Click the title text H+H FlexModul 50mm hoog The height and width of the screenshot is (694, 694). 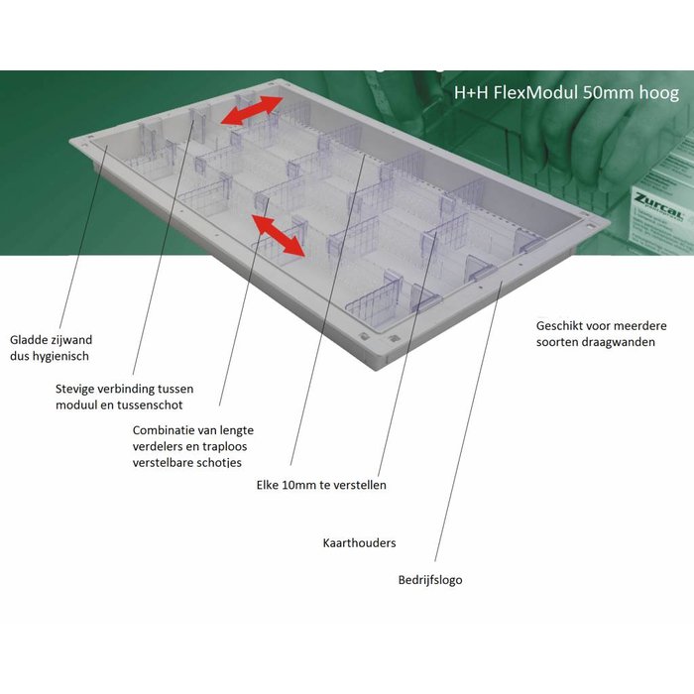566,93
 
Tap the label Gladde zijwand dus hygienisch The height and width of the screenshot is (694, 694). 51,348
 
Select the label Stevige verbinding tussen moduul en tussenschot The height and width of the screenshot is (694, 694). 124,397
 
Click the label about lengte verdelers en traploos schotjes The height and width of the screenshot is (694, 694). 193,446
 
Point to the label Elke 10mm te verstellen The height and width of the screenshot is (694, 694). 321,485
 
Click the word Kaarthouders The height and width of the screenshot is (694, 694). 359,542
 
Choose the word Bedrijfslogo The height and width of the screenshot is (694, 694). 430,580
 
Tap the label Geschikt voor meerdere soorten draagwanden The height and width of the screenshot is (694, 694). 601,334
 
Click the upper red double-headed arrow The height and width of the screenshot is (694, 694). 252,110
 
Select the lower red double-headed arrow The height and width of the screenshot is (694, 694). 278,236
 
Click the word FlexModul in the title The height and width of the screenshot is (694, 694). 535,93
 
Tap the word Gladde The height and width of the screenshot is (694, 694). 29,340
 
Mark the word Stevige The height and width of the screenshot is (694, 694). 74,389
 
